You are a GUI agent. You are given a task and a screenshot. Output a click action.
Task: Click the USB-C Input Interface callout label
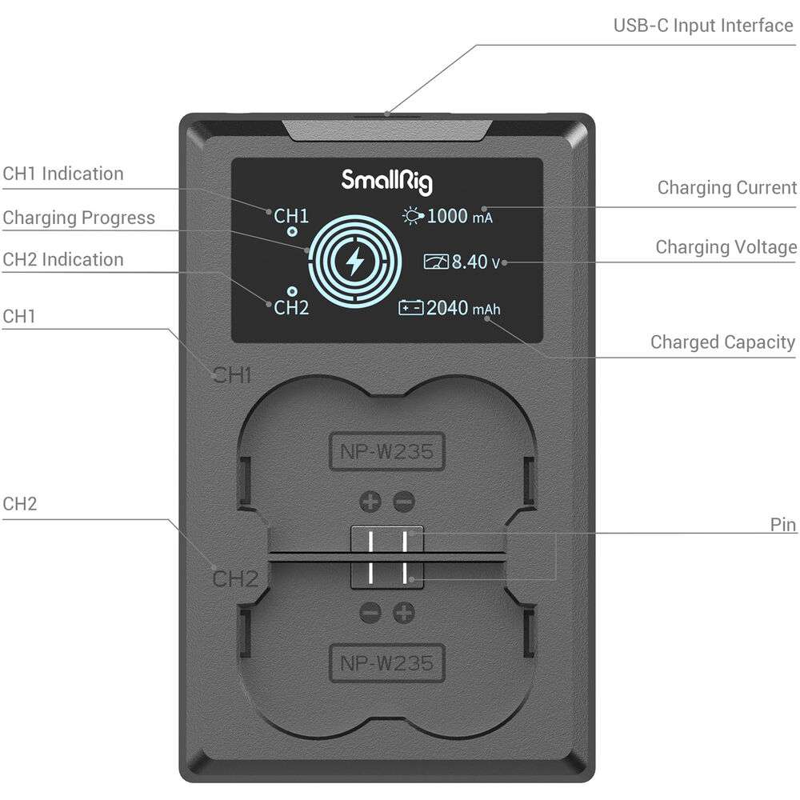tap(702, 25)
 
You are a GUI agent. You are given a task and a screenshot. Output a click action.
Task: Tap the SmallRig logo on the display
tap(387, 179)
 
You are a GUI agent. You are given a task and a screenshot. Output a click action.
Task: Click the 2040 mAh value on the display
tap(463, 308)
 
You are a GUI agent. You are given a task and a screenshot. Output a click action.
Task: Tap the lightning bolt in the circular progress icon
tap(353, 260)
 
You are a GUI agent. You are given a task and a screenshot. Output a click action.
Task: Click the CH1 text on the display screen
tap(291, 216)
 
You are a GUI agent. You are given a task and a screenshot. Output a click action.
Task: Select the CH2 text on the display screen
tap(291, 308)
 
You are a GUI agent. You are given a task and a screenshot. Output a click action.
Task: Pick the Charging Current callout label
tap(726, 188)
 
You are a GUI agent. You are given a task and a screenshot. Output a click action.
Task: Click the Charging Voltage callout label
tap(726, 247)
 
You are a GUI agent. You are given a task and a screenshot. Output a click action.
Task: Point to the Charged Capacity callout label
tap(722, 342)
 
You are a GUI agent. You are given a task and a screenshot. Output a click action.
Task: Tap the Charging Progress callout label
tap(78, 218)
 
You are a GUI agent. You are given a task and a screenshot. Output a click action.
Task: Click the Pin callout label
tap(782, 525)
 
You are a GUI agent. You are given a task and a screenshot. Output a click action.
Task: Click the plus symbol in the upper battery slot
tap(370, 502)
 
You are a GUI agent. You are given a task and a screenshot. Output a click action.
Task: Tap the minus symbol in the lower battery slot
tap(370, 613)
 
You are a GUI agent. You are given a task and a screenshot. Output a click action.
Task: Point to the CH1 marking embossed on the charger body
tap(233, 375)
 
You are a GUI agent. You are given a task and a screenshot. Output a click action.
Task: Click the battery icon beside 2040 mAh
tap(410, 308)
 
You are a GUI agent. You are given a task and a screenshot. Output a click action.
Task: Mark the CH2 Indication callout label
tap(63, 259)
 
